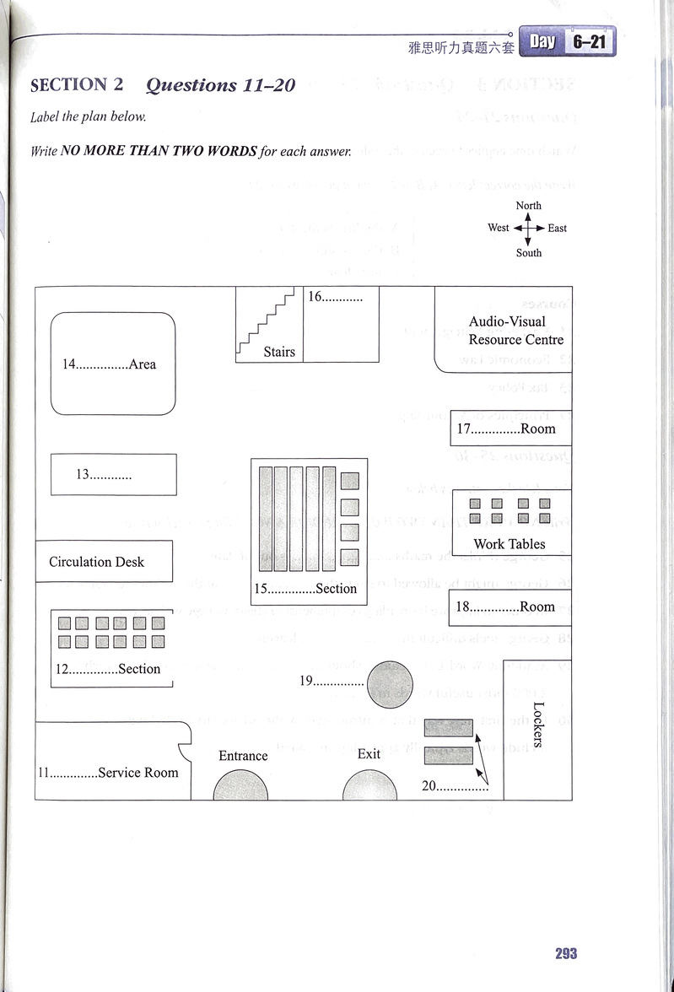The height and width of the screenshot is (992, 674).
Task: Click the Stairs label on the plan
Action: coord(279,351)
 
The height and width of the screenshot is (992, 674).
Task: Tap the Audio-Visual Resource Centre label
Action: coord(515,331)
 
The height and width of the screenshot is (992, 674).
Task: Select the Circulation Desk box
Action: coord(104,562)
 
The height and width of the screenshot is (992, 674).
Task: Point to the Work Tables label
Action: coord(510,544)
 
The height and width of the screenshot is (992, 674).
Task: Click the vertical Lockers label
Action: coord(539,725)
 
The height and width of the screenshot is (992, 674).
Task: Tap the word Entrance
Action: coord(243,756)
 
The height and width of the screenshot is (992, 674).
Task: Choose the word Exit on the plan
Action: coord(369,753)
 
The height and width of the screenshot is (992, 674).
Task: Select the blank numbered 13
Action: coord(111,475)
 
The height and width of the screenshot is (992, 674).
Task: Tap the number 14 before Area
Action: coord(69,364)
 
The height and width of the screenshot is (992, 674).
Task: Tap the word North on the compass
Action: coord(529,206)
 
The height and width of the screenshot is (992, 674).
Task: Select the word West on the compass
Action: coord(499,228)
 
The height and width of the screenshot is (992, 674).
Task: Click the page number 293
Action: coord(566,953)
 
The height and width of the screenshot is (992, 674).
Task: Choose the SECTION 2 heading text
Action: coord(77,85)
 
